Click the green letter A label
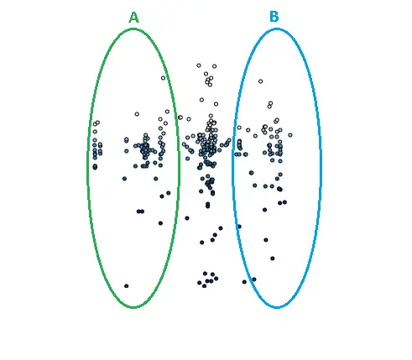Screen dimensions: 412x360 tap(133, 18)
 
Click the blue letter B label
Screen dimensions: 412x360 tap(274, 17)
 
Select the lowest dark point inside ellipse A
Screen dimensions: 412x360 tap(127, 286)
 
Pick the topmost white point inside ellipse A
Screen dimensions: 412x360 tap(163, 78)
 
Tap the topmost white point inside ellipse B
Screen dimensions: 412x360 tap(260, 81)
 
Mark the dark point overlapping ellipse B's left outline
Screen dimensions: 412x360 tap(239, 227)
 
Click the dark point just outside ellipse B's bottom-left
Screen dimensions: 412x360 tap(244, 282)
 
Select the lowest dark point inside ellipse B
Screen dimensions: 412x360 tap(254, 279)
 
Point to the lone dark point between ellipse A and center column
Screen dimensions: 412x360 tap(187, 218)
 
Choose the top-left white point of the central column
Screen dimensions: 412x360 tap(199, 65)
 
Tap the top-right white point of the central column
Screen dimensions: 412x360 tap(214, 66)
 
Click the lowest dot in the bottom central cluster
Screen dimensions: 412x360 tap(204, 286)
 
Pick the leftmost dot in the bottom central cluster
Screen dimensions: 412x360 tap(199, 283)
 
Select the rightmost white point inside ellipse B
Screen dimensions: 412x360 tap(290, 135)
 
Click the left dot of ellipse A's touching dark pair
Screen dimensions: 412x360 tap(138, 211)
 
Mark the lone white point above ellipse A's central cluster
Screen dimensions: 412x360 tap(137, 114)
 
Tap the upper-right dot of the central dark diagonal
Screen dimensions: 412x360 tap(221, 228)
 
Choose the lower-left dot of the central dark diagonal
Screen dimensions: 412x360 tap(202, 243)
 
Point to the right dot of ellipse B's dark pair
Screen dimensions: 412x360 tap(284, 202)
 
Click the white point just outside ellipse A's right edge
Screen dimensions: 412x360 tap(180, 117)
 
